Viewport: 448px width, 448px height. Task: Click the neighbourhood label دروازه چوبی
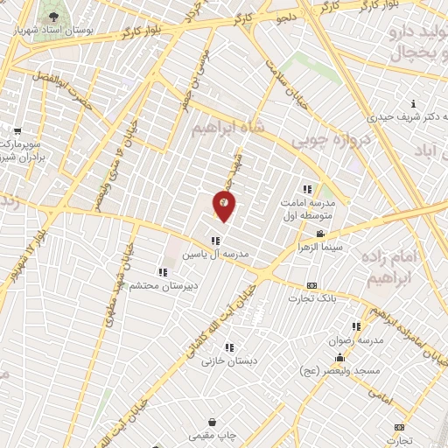pos(326,139)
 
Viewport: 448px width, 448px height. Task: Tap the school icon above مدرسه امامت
pos(307,189)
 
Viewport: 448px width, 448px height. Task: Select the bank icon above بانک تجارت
pos(312,285)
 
